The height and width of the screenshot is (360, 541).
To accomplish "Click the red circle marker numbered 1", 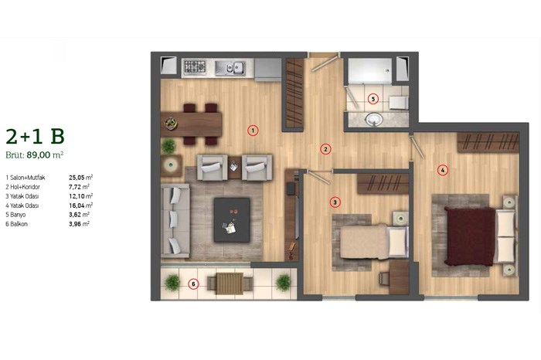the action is pos(253,131).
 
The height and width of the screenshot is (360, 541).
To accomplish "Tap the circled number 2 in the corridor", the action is pos(325,149).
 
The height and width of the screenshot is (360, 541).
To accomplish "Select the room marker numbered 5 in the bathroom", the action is pos(373,100).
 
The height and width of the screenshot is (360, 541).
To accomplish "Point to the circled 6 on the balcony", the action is pos(193,284).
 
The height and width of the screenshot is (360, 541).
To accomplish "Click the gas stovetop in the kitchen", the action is pos(195,66).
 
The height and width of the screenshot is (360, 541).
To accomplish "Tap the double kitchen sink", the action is pos(230,67).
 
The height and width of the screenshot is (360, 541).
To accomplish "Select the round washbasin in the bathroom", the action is pos(374,119).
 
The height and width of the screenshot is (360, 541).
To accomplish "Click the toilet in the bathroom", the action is pos(399,103).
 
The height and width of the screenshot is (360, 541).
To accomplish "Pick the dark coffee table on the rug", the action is pos(232,219).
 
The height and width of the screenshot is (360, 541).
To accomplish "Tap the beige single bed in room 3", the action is pos(373,241).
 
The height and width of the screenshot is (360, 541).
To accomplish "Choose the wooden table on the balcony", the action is pos(230,284).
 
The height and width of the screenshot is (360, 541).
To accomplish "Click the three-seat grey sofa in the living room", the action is pos(175,221).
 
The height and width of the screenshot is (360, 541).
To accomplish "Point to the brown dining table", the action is pos(191,124).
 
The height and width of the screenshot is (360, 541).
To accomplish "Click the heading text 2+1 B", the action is pos(36,137).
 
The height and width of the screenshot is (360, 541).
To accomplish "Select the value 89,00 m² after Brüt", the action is pos(45,155).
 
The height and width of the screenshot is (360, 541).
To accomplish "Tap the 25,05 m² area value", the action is pos(80,178).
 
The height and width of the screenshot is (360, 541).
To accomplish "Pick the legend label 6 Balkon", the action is pos(16,224).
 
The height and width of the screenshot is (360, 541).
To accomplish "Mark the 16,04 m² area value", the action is pos(80,205).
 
